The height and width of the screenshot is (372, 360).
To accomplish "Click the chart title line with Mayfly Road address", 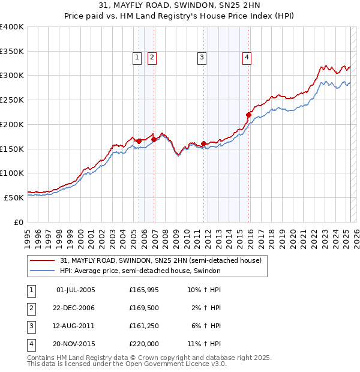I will pos(180,7).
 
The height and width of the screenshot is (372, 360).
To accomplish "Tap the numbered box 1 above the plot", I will pos(137,58).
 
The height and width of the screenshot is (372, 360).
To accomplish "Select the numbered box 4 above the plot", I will pos(247,58).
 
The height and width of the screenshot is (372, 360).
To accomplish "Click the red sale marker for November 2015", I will pos(249,114).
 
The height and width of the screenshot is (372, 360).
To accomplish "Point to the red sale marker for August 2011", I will pos(203,143).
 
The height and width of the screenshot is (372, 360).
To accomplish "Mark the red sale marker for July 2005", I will pos(139,141).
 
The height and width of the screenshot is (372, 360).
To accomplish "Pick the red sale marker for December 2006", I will pos(154,139).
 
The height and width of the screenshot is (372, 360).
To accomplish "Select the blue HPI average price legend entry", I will pos(140,271).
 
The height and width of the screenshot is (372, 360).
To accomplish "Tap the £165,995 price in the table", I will pos(144,290).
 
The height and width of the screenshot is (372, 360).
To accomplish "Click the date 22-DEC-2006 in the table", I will pos(75,308).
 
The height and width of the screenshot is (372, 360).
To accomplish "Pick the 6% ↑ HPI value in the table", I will pos(208,326).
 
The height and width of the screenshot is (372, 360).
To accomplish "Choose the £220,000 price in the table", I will pos(144,344).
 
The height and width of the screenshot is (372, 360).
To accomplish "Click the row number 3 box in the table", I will pos(31,326).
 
